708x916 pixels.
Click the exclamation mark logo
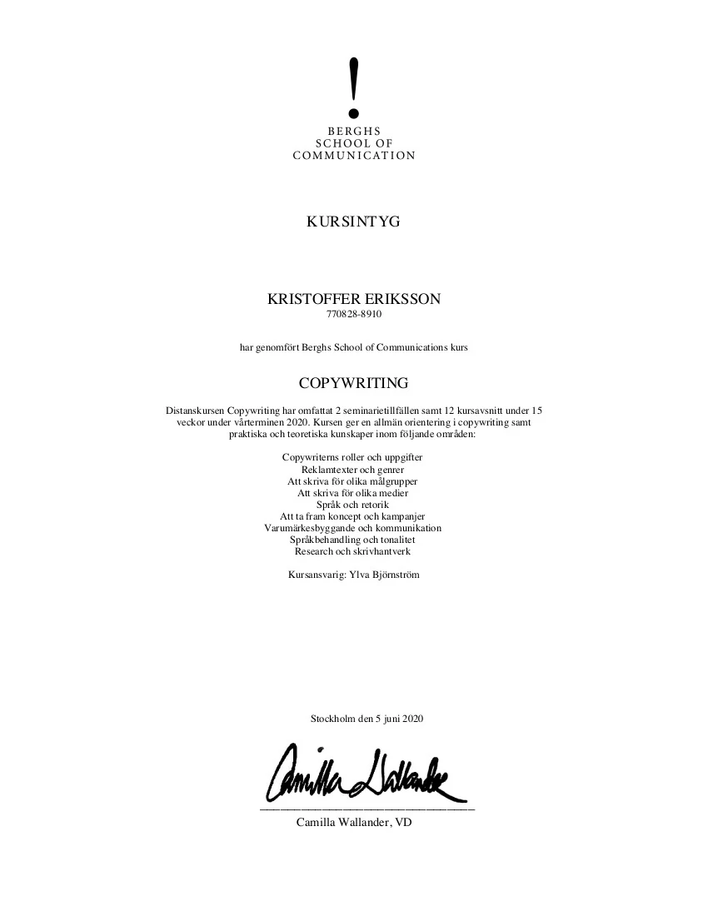tap(354, 87)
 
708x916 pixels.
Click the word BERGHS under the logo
tap(354, 131)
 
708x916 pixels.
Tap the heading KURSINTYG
tap(353, 222)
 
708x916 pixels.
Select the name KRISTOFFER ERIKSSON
tap(353, 300)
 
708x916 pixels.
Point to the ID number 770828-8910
tap(353, 316)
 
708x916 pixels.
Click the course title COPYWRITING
tap(353, 383)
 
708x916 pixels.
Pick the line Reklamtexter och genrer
tap(352, 470)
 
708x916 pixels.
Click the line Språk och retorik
tap(352, 505)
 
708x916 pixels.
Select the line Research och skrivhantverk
tap(352, 551)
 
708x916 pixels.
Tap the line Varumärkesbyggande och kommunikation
tap(352, 528)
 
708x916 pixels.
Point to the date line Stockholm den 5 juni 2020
tap(367, 718)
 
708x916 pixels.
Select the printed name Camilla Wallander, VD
tap(354, 823)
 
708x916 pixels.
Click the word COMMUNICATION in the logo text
tap(354, 156)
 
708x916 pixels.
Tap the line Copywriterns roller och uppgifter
tap(352, 458)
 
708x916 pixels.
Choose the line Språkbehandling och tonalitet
tap(352, 540)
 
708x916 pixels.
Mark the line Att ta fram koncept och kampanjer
tap(352, 516)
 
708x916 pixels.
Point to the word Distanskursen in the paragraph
tap(195, 411)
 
